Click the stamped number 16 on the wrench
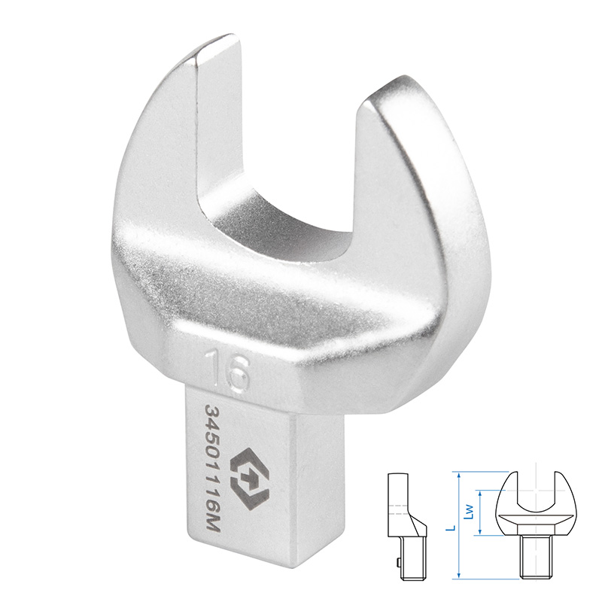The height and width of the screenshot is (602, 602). tap(227, 369)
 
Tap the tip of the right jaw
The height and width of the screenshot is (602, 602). tap(388, 88)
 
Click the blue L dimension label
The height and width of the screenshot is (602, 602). tap(452, 528)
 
